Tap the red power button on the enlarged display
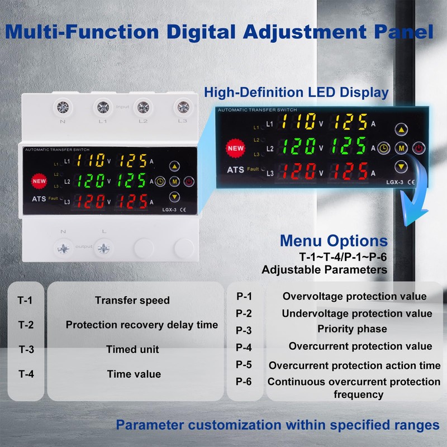point(419,148)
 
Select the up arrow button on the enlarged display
point(401,130)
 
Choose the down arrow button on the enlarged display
point(401,167)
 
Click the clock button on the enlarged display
point(383,148)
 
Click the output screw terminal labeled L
point(102,247)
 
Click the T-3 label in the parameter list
point(26,350)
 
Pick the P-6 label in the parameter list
point(244,382)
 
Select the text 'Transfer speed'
point(132,300)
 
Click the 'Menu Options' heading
point(333,241)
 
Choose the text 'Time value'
point(134,374)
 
